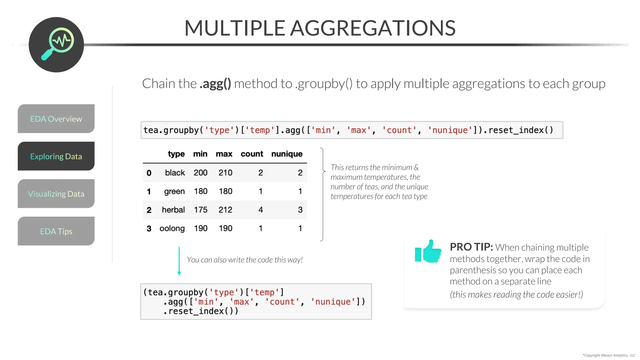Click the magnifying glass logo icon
pyautogui.click(x=57, y=45)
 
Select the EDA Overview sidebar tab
pyautogui.click(x=56, y=119)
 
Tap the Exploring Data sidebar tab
pyautogui.click(x=56, y=156)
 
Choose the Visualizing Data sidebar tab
pyautogui.click(x=56, y=194)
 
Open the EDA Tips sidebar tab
pyautogui.click(x=56, y=231)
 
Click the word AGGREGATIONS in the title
pyautogui.click(x=373, y=28)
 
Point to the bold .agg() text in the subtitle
pyautogui.click(x=215, y=84)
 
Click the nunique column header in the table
pyautogui.click(x=287, y=154)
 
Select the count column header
pyautogui.click(x=252, y=154)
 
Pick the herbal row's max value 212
pyautogui.click(x=225, y=210)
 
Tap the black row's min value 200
pyautogui.click(x=200, y=172)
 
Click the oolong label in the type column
pyautogui.click(x=172, y=228)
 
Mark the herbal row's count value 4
pyautogui.click(x=260, y=210)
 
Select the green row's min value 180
pyautogui.click(x=200, y=191)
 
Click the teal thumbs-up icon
pyautogui.click(x=428, y=251)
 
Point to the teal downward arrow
pyautogui.click(x=179, y=261)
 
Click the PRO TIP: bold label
pyautogui.click(x=471, y=247)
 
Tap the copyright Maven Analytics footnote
pyautogui.click(x=608, y=355)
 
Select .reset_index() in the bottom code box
pyautogui.click(x=200, y=311)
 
